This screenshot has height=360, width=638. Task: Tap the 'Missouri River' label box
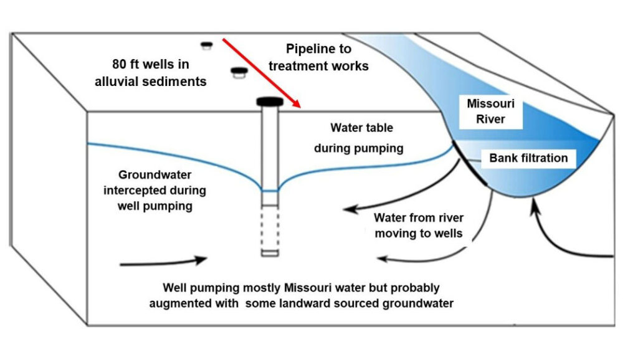(491, 111)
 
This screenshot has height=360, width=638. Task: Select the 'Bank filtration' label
(528, 158)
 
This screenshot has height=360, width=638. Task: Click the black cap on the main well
(270, 101)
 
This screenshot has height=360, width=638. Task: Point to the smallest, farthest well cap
(206, 45)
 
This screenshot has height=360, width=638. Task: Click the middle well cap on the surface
(237, 72)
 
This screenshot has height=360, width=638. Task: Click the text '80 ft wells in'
(151, 64)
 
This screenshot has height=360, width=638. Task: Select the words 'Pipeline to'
(318, 49)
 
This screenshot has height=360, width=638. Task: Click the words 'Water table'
(362, 128)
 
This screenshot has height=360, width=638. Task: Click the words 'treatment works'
(317, 65)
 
